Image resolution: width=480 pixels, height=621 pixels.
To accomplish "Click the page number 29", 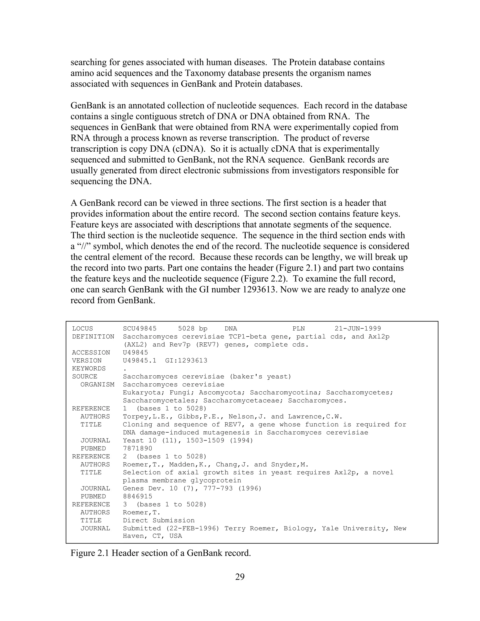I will (x=240, y=577).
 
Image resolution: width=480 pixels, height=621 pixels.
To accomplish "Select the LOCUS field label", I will (x=82, y=329).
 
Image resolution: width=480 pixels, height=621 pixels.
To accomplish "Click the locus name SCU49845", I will (x=140, y=329).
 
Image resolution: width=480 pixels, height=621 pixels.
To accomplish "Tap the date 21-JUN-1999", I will (x=358, y=329).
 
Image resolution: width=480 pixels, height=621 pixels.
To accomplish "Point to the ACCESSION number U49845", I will (x=135, y=353).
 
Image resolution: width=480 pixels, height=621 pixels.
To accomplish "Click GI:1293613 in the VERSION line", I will (x=186, y=361).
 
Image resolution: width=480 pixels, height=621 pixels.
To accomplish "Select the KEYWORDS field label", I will (x=89, y=369).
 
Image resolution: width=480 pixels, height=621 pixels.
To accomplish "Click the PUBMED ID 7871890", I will (x=138, y=448).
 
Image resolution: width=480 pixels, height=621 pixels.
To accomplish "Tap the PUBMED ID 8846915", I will (x=138, y=497).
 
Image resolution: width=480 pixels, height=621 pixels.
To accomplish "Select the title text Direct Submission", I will (x=159, y=520).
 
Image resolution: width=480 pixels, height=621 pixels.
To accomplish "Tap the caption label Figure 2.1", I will (x=90, y=553).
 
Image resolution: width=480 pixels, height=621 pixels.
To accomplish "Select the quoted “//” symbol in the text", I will (x=83, y=246).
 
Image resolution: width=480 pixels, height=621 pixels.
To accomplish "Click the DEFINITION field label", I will (x=93, y=337).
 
